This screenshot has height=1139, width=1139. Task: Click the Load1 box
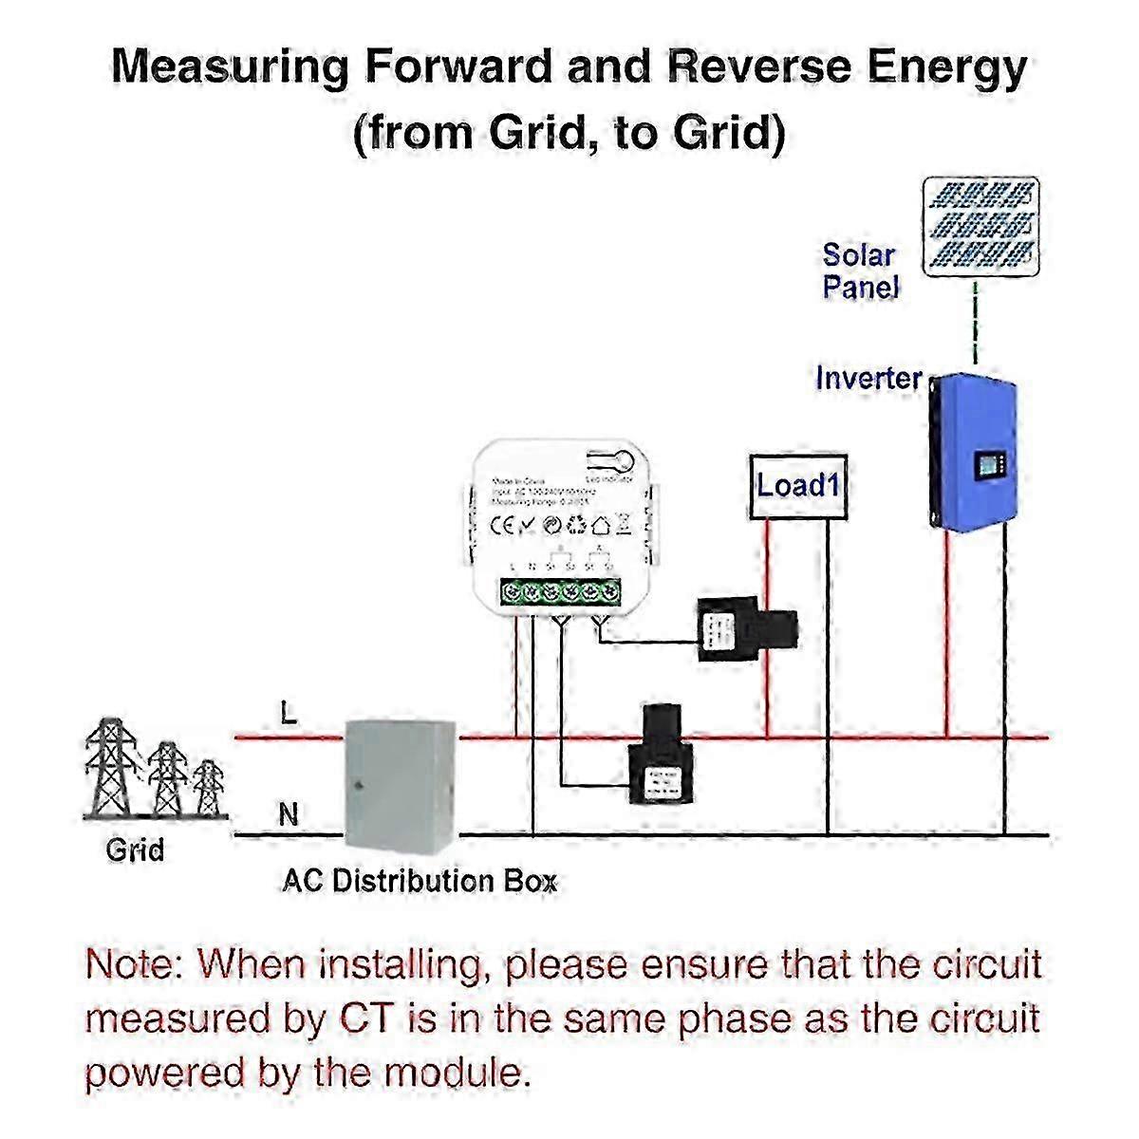(x=797, y=487)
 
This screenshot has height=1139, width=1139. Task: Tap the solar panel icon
(x=981, y=226)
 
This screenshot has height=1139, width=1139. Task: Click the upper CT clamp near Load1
(x=746, y=629)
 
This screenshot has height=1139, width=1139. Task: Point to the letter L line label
(x=289, y=714)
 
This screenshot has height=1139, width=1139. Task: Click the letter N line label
(x=289, y=814)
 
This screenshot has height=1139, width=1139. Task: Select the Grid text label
(x=135, y=849)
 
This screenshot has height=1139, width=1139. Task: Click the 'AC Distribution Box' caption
(x=419, y=881)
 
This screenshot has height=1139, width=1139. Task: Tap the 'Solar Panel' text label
(x=859, y=271)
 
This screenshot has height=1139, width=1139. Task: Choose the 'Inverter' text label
(x=868, y=378)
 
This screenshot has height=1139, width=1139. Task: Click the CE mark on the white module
(x=501, y=523)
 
